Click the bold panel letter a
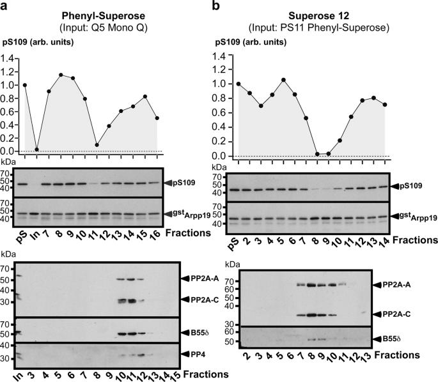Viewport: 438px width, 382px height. (5, 5)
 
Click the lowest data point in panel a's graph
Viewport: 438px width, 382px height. (37, 149)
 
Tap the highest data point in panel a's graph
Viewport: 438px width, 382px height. (61, 75)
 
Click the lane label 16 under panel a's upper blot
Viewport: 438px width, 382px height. (157, 234)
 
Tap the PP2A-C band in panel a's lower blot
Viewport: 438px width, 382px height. (130, 300)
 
